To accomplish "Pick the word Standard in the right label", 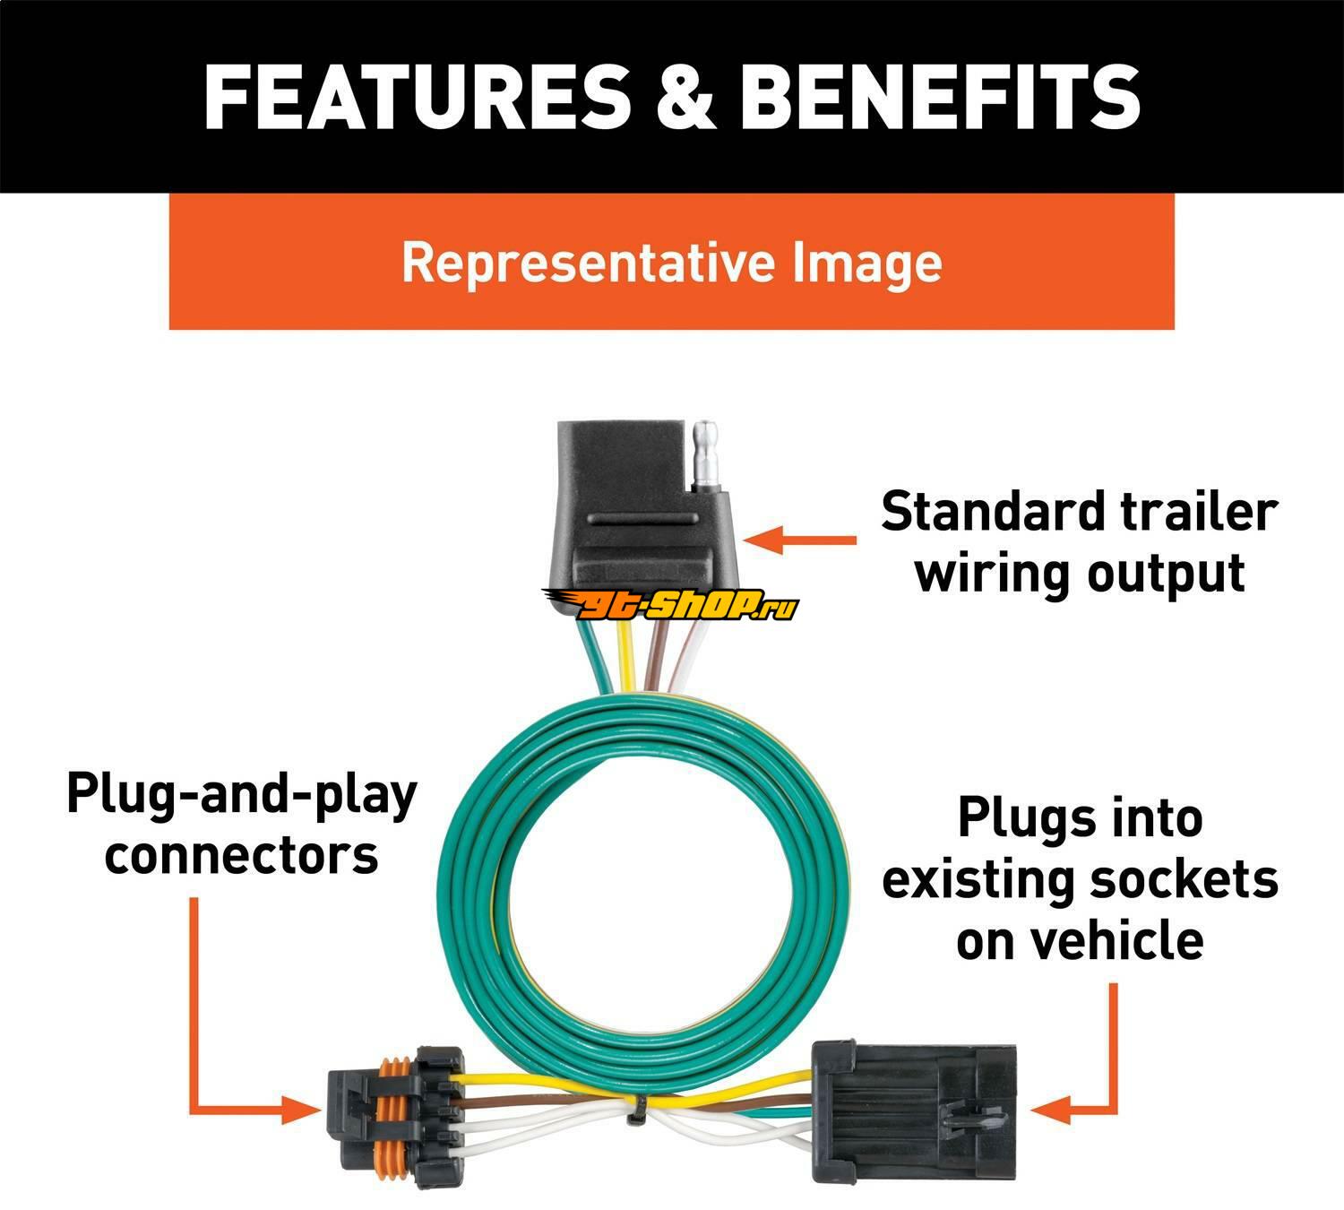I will (995, 513).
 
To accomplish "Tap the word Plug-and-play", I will (242, 795).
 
